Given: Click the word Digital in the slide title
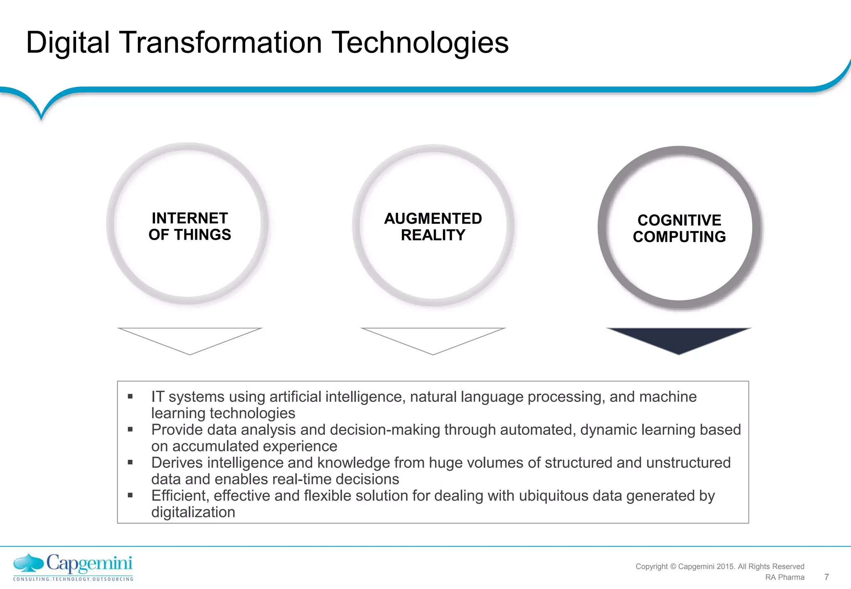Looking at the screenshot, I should [68, 43].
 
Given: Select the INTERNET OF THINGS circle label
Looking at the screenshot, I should [189, 226].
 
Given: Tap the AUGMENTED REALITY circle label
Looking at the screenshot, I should [433, 227].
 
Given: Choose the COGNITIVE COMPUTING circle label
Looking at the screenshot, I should [679, 228].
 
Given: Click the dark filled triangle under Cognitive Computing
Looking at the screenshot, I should [679, 338].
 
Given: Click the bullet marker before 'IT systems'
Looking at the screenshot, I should [130, 397].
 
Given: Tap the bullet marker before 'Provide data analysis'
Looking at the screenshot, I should [130, 429].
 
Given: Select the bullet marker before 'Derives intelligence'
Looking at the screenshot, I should [130, 462].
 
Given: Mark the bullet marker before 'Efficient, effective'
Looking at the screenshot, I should [130, 495].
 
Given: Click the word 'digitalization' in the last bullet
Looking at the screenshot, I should [193, 512].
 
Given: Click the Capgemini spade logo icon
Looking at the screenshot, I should [29, 564].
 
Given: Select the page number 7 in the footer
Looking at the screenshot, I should [826, 577].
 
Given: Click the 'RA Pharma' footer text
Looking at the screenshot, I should [785, 577].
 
